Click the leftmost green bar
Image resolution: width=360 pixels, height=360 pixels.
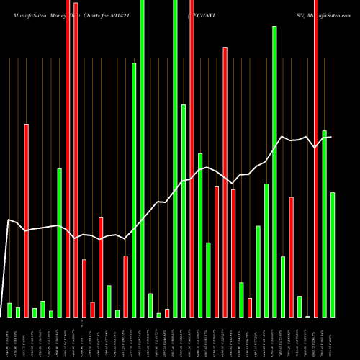(10, 310)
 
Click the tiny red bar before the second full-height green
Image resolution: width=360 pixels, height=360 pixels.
(167, 312)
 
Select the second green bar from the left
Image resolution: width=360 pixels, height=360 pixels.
(18, 312)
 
